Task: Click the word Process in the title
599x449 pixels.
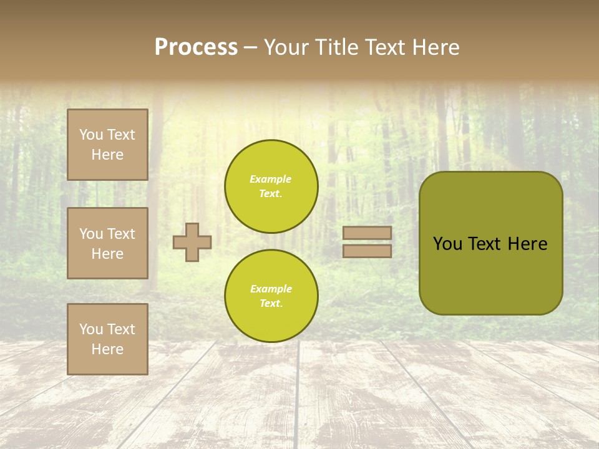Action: [x=196, y=47]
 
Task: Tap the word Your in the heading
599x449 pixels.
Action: [x=288, y=47]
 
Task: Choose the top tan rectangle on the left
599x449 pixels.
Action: [x=107, y=145]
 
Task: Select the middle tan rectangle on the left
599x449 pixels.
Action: [x=107, y=243]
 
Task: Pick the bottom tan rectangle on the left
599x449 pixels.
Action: [x=107, y=339]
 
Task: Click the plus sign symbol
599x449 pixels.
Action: [x=192, y=242]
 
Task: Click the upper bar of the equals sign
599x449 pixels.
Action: [x=368, y=233]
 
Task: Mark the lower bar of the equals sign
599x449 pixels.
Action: [x=368, y=251]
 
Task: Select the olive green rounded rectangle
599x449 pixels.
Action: [x=491, y=281]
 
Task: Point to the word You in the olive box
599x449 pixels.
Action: [x=448, y=244]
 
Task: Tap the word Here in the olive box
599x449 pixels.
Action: [x=527, y=244]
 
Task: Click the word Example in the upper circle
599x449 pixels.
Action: [x=271, y=179]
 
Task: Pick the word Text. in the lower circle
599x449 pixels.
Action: [x=271, y=303]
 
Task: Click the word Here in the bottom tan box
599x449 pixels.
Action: [x=107, y=349]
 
